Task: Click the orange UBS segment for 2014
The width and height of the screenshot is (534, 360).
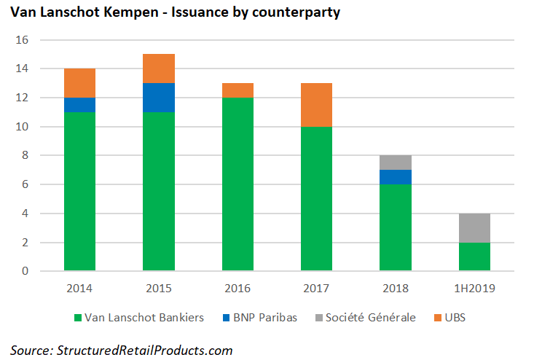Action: point(79,83)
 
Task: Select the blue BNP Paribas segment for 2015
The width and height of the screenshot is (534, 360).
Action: point(159,98)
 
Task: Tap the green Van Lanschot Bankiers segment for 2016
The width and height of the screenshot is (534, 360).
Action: point(237,184)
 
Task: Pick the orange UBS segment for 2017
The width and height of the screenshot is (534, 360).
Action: point(316,105)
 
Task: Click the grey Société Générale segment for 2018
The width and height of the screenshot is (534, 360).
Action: point(396,163)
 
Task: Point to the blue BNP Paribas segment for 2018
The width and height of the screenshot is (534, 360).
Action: point(396,177)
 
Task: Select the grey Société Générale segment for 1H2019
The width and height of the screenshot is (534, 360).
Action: point(474,228)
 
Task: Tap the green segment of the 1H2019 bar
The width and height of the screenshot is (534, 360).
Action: point(474,257)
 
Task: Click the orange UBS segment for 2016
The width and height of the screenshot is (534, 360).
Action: point(237,90)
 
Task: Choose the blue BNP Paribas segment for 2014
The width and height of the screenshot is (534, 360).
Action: point(79,105)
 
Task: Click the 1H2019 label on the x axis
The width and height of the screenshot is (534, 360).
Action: point(474,289)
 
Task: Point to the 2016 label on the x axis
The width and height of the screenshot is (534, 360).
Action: point(237,289)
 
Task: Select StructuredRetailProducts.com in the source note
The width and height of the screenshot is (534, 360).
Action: point(144,351)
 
